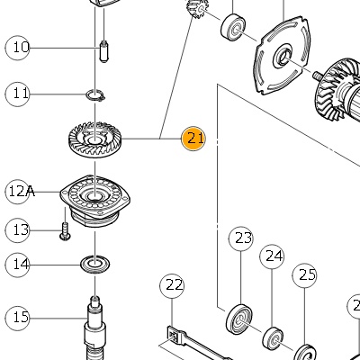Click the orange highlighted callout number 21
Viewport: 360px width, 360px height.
coord(193,139)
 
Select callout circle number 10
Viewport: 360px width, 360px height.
coord(18,48)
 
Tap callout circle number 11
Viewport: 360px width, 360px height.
coord(18,94)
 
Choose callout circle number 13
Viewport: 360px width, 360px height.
coord(18,230)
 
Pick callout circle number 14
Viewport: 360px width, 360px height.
coord(18,265)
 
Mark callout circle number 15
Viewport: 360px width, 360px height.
coord(18,318)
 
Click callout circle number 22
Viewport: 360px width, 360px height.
coord(172,286)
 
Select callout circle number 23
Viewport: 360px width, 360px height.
coord(241,238)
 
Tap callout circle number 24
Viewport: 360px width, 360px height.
coord(272,256)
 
